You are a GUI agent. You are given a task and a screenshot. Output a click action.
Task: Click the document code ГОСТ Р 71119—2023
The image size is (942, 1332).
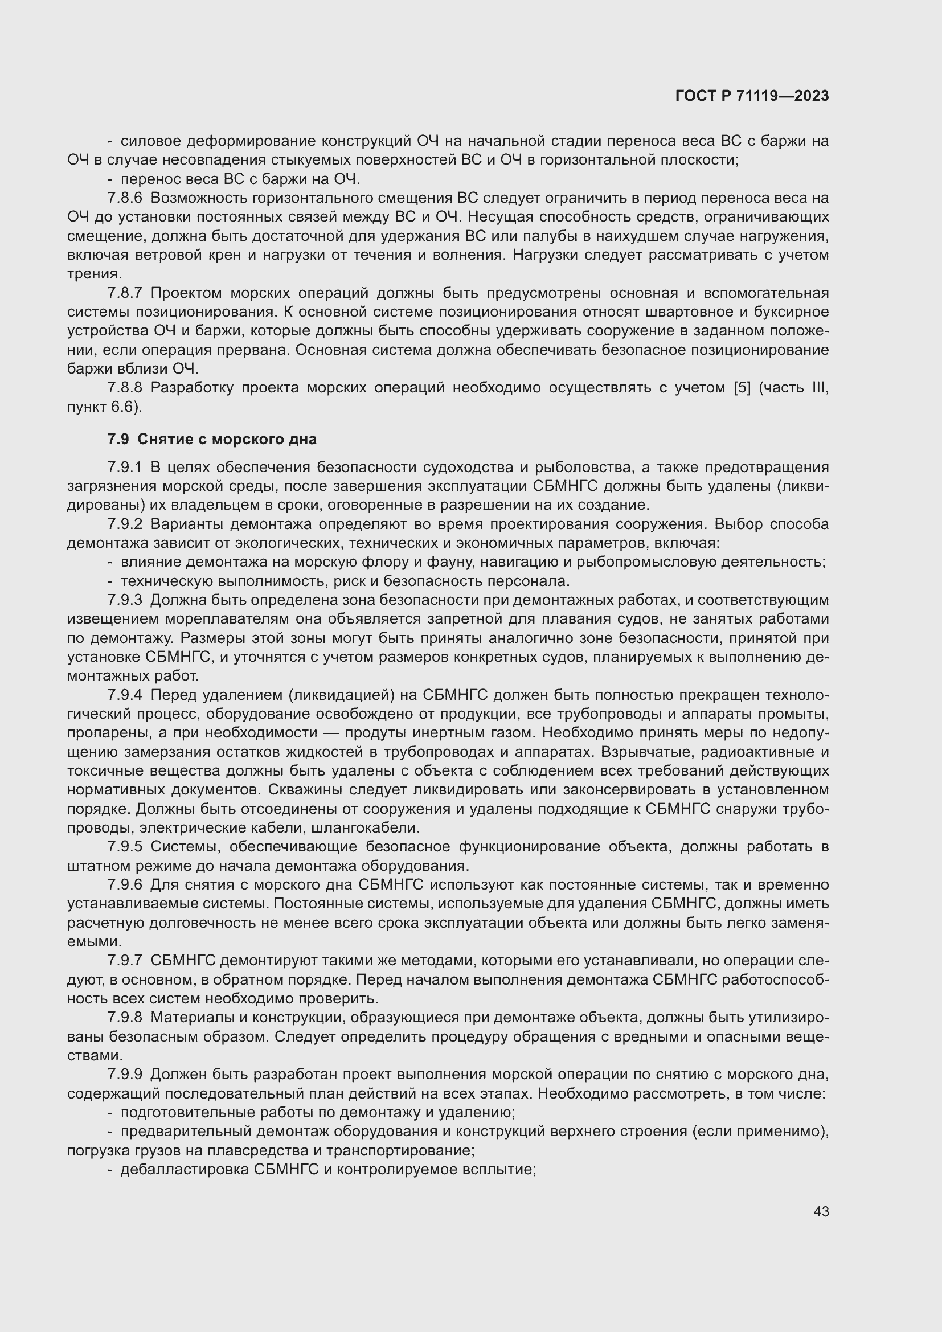[x=752, y=96]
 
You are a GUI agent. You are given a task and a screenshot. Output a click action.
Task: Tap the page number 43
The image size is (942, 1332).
[x=821, y=1211]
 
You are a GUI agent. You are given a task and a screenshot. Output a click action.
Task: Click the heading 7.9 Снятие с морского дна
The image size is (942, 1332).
[x=212, y=439]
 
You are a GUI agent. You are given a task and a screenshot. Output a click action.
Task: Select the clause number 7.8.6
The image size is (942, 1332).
[x=125, y=198]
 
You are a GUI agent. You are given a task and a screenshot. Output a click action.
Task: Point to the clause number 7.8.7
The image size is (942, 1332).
[x=125, y=293]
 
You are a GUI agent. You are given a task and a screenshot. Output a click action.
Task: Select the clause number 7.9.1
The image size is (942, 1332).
[x=125, y=467]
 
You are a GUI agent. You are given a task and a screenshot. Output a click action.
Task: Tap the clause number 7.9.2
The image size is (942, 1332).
[x=125, y=524]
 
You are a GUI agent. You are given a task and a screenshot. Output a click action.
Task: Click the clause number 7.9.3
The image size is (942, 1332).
[x=125, y=600]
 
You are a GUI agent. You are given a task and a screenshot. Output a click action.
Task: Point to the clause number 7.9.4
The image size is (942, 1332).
[x=125, y=695]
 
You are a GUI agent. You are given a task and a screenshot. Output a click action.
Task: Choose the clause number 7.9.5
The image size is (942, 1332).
[x=125, y=846]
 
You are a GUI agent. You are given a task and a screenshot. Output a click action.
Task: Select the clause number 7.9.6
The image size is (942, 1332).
[x=125, y=885]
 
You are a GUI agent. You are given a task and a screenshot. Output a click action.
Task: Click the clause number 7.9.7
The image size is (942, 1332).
[x=125, y=961]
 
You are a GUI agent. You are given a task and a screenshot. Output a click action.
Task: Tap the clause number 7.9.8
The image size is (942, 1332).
[x=125, y=1018]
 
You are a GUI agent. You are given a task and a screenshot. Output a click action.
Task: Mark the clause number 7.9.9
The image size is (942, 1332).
[x=125, y=1075]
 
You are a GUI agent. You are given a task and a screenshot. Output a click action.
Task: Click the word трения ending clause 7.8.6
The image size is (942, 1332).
[x=94, y=274]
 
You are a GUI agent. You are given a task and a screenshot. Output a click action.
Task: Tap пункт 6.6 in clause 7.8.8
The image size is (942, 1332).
[x=103, y=407]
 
